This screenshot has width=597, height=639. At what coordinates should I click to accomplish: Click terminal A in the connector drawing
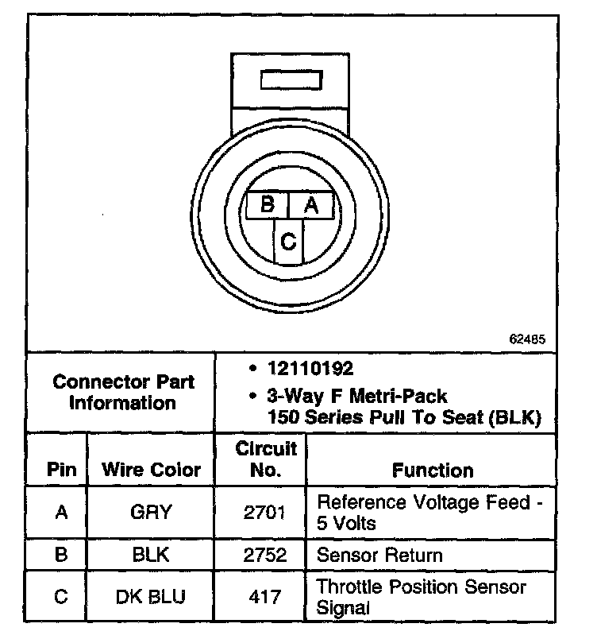(x=310, y=205)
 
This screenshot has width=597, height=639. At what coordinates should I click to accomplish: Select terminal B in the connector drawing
(x=268, y=205)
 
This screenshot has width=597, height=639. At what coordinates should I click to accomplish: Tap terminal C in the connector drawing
(x=289, y=241)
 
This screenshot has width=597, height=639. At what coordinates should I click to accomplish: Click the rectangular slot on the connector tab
(x=291, y=80)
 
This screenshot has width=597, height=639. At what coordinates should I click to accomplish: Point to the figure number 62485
(x=527, y=339)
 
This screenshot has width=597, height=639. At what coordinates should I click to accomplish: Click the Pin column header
(x=61, y=469)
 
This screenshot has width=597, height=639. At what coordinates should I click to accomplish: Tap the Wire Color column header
(x=151, y=469)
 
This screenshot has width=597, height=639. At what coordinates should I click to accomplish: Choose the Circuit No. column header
(x=266, y=459)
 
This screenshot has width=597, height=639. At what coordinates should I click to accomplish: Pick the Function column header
(x=433, y=470)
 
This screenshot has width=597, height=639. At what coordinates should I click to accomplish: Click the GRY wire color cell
(x=150, y=513)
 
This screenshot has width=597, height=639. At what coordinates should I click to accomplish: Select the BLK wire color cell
(x=150, y=555)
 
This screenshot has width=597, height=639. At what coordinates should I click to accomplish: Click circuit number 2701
(x=265, y=513)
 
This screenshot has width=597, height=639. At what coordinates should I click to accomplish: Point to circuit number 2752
(x=265, y=555)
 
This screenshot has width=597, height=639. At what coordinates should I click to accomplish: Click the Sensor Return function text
(x=379, y=555)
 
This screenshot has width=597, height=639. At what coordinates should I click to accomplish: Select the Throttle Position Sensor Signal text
(x=421, y=598)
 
